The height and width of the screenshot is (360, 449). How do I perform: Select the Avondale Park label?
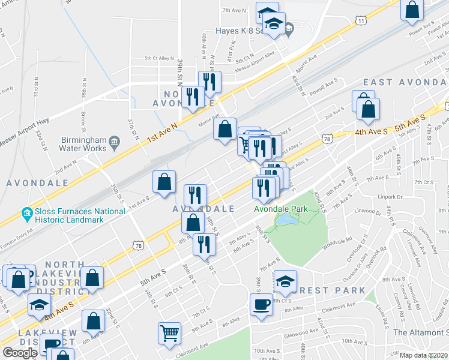coord(280,209)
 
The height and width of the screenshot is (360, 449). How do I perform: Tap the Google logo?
coord(20,352)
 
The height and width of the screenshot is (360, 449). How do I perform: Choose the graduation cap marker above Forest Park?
coord(285,280)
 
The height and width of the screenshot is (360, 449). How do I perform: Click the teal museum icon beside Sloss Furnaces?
coord(26,212)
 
